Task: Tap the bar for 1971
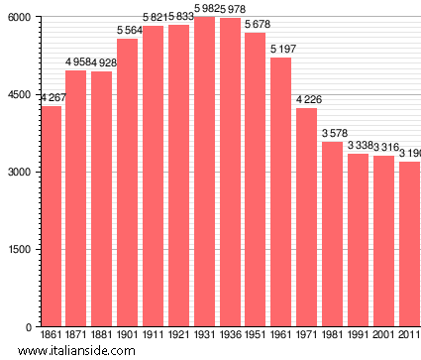(x=306, y=217)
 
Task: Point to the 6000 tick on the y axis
(x=19, y=18)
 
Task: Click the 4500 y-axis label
(x=19, y=95)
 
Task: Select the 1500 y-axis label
(x=19, y=250)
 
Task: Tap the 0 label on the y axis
(x=27, y=327)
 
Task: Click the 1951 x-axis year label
(x=256, y=337)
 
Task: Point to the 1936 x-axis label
(x=230, y=337)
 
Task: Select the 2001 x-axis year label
(x=383, y=337)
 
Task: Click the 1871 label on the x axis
(x=76, y=337)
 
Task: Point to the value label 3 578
(x=333, y=133)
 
